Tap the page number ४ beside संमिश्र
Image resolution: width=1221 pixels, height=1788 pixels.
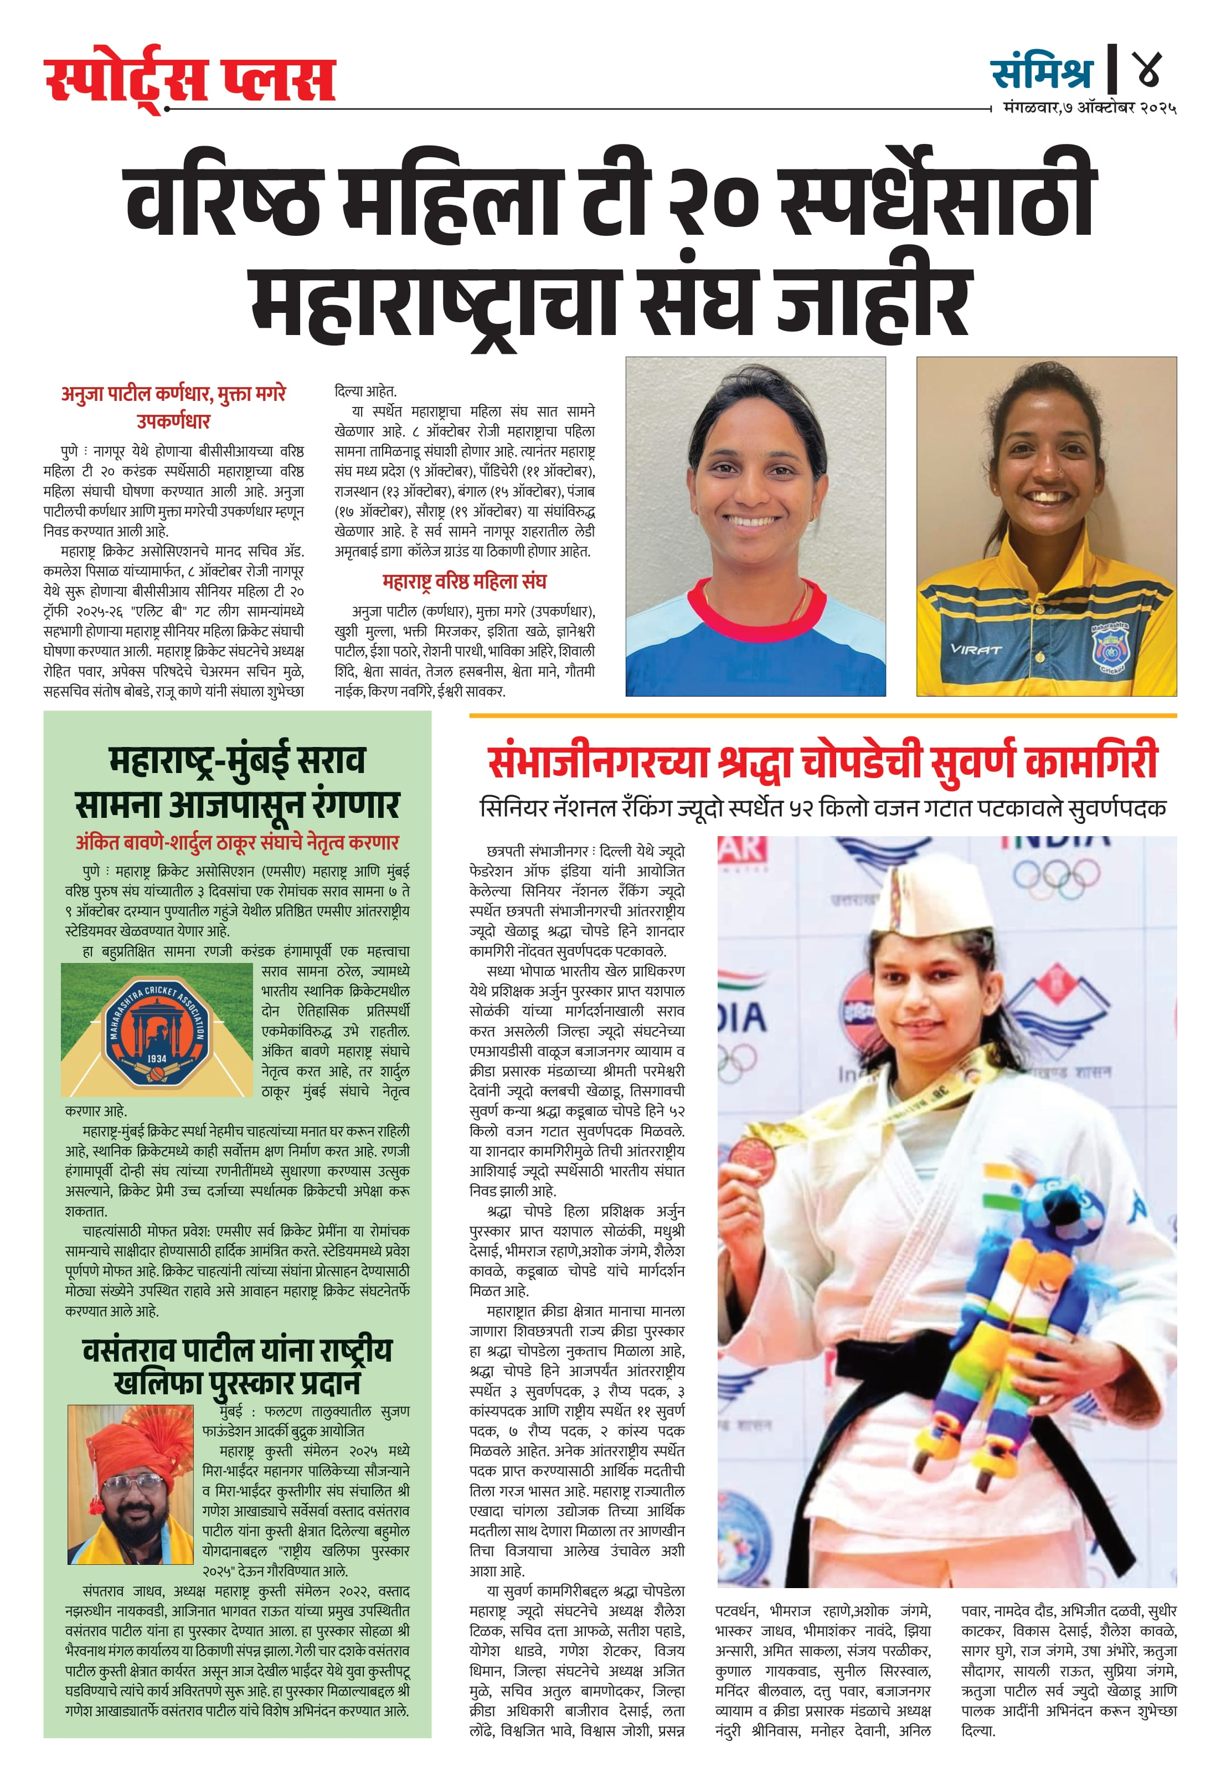pos(1146,71)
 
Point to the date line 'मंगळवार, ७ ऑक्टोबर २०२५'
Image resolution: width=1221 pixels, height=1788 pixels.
pos(1089,109)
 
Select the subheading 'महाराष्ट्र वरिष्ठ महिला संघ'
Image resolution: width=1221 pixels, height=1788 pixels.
pos(464,581)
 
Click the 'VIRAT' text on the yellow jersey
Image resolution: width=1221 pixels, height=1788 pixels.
pos(976,650)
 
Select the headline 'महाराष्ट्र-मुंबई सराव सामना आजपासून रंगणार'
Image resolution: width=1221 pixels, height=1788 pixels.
pos(237,782)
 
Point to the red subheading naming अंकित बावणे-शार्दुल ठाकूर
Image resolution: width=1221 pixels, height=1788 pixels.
pos(237,842)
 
